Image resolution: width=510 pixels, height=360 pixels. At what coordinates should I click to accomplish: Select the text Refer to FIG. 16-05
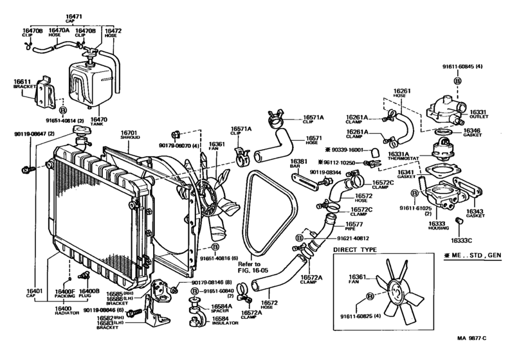248,267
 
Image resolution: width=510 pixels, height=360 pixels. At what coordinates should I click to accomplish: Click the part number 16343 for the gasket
475,211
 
